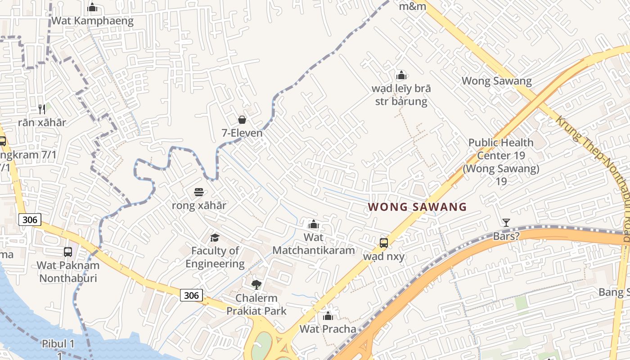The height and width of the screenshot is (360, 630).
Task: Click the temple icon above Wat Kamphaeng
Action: (x=92, y=7)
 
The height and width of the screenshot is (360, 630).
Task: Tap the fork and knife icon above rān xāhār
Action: (x=42, y=109)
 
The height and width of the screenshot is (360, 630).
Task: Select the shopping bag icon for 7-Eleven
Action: (x=242, y=119)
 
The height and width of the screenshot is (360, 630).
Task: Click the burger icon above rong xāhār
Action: (x=199, y=192)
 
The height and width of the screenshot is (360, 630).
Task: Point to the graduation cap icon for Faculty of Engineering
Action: (x=215, y=237)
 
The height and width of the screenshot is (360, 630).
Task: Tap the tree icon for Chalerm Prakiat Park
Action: (x=256, y=284)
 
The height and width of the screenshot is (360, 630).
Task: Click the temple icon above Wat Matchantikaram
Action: (x=314, y=224)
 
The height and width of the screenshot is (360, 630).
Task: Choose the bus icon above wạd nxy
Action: (x=383, y=243)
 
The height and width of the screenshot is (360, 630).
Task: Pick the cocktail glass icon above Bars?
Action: (x=506, y=222)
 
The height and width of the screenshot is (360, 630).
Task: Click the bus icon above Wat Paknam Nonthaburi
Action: (x=68, y=252)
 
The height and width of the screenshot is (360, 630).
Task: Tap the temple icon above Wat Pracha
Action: (x=328, y=316)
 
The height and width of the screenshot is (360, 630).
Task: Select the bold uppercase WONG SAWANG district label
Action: (x=417, y=207)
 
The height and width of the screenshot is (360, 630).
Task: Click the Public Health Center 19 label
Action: (x=501, y=162)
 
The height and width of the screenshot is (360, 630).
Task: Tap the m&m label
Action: (x=413, y=6)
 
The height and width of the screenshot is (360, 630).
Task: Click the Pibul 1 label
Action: (x=58, y=344)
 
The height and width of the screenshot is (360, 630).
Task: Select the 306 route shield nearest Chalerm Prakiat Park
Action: (x=191, y=295)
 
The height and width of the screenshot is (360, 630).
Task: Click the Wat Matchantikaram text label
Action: (x=314, y=243)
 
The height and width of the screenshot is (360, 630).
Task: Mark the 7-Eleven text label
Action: (x=242, y=133)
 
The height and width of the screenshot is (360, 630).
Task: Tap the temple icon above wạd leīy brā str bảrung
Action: (x=401, y=75)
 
